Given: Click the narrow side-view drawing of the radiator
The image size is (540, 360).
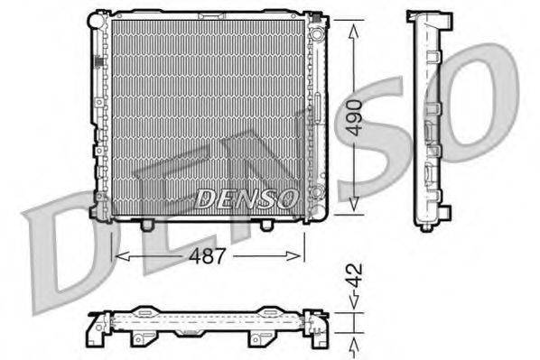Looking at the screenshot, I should coord(428,117).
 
